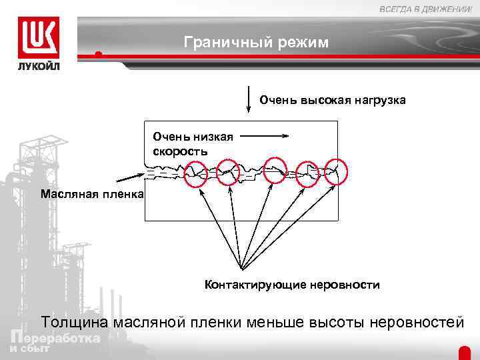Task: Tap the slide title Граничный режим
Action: point(256,43)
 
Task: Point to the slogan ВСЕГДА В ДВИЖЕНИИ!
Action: point(425,9)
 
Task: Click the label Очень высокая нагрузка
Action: point(332,100)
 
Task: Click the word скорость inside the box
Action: point(179,151)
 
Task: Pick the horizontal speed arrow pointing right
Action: point(264,136)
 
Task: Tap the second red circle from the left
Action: point(229,172)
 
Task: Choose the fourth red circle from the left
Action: point(308,173)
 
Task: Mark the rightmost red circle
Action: point(337,171)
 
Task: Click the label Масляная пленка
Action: point(91,194)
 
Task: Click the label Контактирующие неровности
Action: point(292,285)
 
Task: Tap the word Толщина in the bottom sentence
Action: point(73,323)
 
